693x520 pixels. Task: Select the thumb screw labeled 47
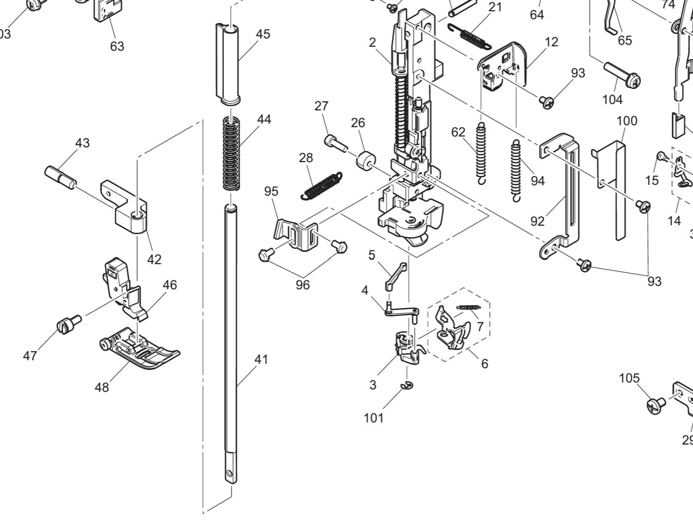pos(68,325)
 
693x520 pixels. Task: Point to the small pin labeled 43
pos(60,176)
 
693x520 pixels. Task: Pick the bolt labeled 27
pos(335,143)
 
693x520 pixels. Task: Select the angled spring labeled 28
pos(321,186)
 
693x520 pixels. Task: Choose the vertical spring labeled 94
pos(516,170)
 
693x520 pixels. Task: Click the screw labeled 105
pos(656,406)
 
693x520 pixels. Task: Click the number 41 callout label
pos(261,359)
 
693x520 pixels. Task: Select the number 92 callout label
pos(537,221)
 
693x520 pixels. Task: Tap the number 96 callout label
pos(302,285)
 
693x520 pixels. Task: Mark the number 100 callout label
pos(626,121)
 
